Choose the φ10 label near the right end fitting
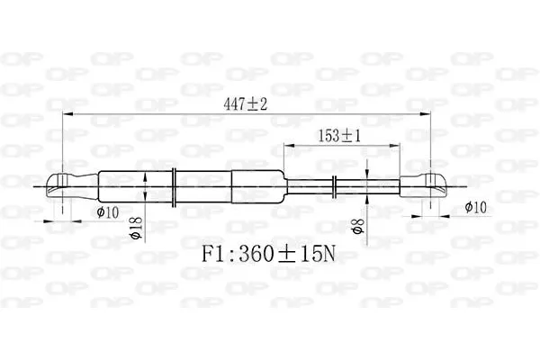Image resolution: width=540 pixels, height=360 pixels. pos(477,208)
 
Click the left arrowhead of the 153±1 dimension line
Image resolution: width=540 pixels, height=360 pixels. pos(287,145)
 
